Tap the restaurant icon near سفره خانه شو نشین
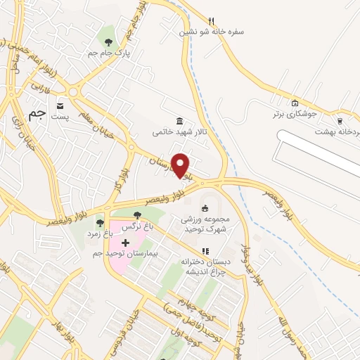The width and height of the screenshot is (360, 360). [x=211, y=20]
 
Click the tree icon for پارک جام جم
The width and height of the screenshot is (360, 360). [x=107, y=32]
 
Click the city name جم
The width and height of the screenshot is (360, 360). [x=37, y=112]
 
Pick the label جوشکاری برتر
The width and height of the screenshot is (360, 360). [x=296, y=113]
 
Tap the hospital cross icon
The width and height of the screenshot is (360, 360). [x=125, y=243]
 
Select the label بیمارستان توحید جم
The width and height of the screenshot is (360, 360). [x=133, y=252]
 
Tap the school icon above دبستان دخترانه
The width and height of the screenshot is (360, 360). [x=205, y=250]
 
